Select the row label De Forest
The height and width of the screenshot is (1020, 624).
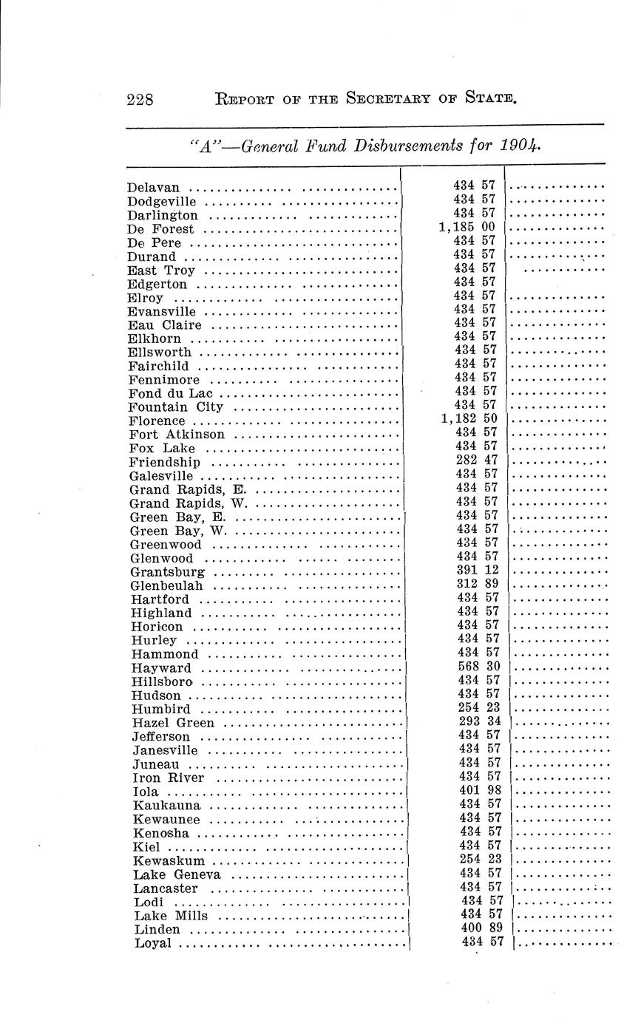pos(160,229)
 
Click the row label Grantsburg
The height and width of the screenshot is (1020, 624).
pos(167,572)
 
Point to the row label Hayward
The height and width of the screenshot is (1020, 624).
pos(161,668)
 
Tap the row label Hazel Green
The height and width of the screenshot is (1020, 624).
pos(173,723)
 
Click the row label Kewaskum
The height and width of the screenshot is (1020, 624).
pos(169,861)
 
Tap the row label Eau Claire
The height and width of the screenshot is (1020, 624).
pos(164,325)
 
